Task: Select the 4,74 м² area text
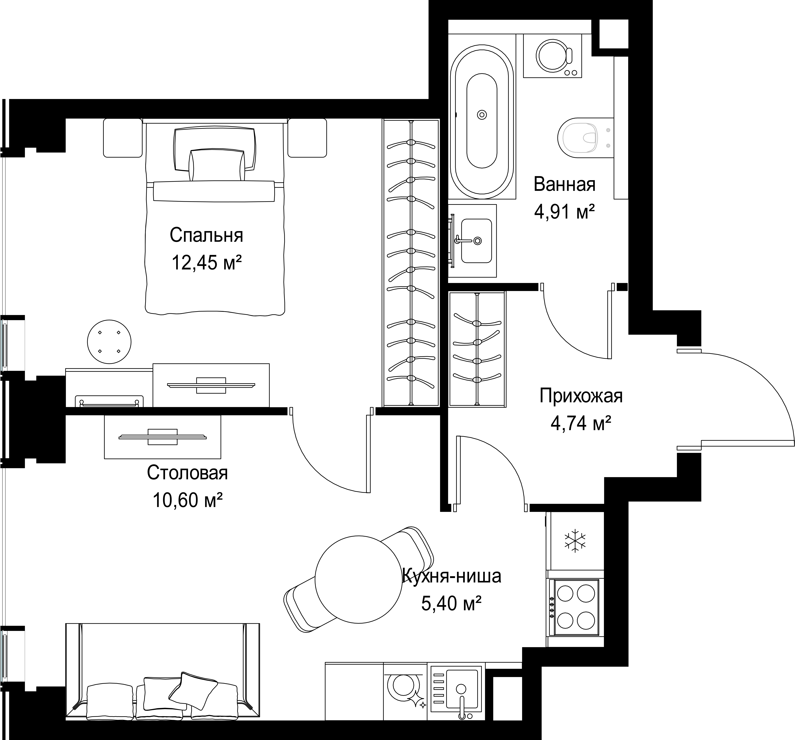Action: click(x=581, y=423)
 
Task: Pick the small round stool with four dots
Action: click(x=109, y=342)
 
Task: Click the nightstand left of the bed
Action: click(x=123, y=138)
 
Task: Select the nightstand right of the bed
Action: click(x=307, y=138)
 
